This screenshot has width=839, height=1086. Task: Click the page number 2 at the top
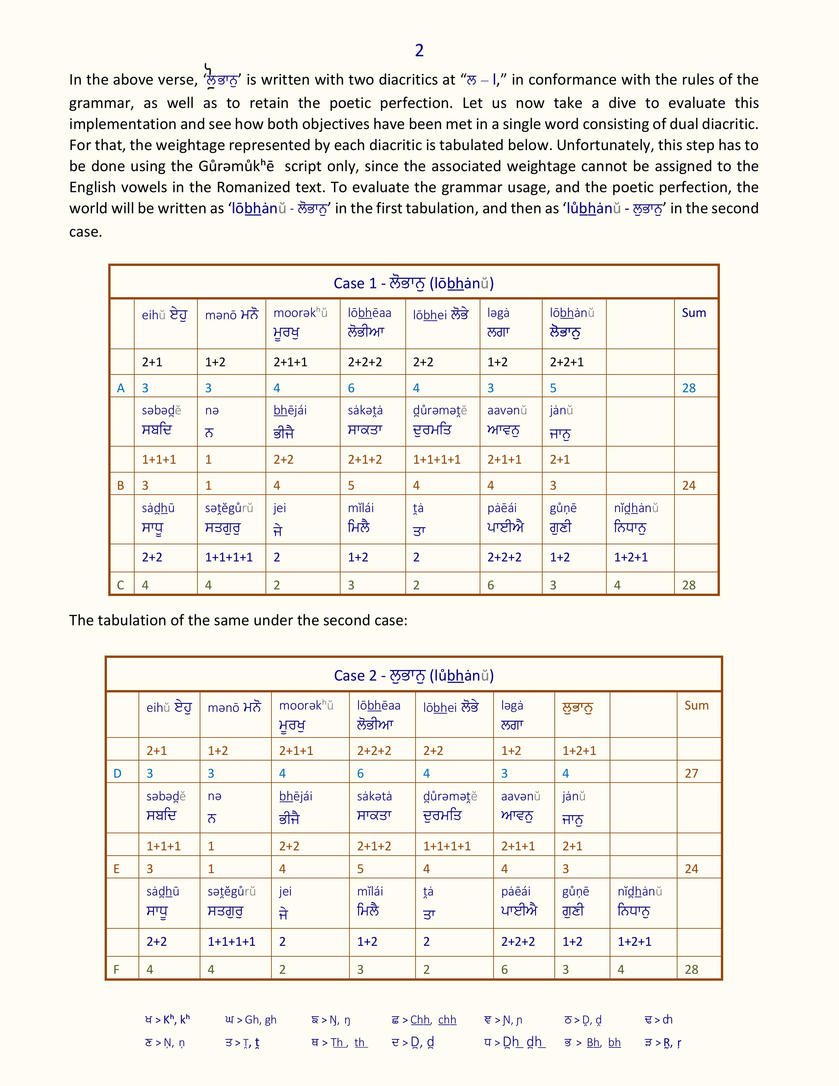(x=419, y=50)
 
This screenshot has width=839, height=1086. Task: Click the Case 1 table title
(x=414, y=283)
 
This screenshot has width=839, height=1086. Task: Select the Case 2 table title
(x=414, y=675)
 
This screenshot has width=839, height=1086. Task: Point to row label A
(x=121, y=388)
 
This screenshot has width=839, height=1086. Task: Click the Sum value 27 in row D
(x=691, y=773)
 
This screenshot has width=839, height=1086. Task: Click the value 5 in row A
(x=553, y=388)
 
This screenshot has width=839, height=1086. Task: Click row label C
(x=121, y=585)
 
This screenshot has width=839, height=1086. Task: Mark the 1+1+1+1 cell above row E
(x=447, y=846)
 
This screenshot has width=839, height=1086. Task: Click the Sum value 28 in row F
(x=691, y=969)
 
